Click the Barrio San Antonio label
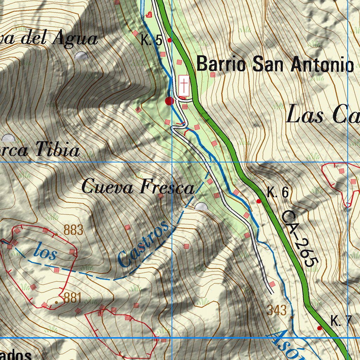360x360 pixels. click(275, 65)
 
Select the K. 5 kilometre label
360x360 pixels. click(152, 41)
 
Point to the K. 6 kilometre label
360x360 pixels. click(277, 193)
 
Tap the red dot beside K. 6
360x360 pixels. click(259, 201)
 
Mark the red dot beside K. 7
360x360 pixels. click(319, 328)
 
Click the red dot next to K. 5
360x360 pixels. click(169, 40)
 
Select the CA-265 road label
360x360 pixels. click(300, 238)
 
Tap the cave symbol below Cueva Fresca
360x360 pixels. click(201, 207)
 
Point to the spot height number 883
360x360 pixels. click(73, 230)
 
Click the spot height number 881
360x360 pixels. click(72, 298)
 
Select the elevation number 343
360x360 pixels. click(277, 310)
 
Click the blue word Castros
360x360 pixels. click(143, 244)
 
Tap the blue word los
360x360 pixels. click(45, 252)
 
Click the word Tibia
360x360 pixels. click(58, 151)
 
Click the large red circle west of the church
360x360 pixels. click(169, 101)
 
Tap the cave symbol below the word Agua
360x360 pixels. click(81, 56)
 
